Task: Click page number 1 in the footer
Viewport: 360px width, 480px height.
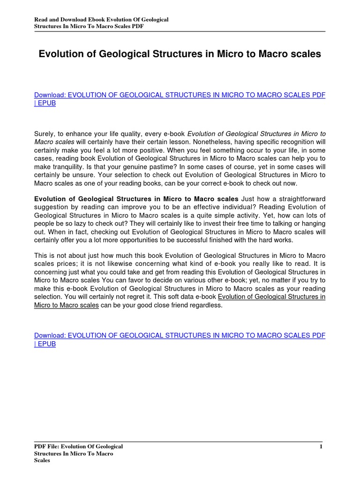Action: tap(321, 447)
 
